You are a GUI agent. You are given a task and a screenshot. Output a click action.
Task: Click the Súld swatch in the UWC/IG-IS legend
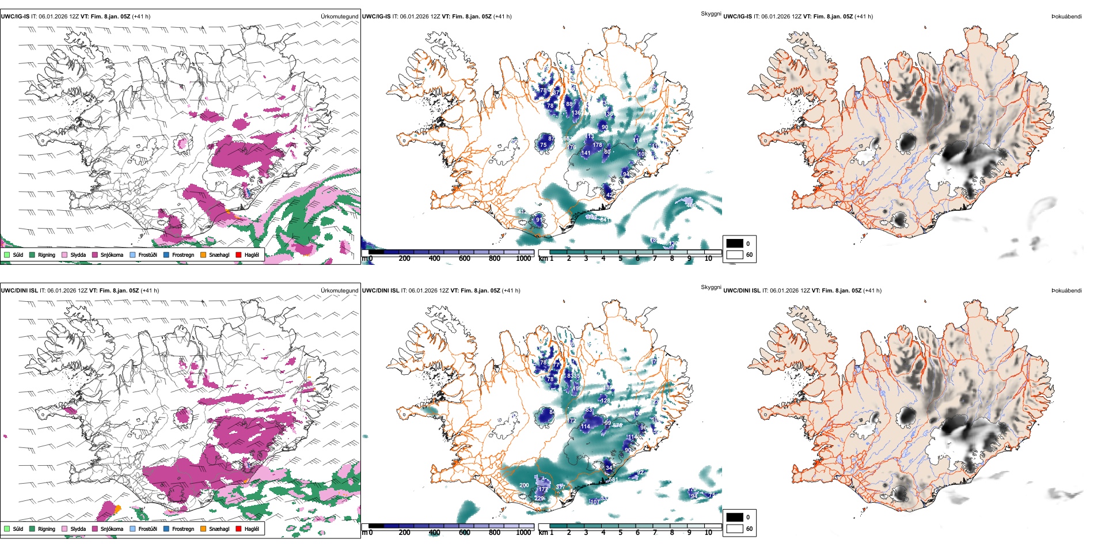pos(7,254)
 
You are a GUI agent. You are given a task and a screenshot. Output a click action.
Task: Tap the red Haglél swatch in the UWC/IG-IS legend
pos(238,254)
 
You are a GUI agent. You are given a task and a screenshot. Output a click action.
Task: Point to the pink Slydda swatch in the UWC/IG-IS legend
pos(64,254)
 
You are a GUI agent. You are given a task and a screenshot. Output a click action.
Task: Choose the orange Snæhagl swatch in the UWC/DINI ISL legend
pos(203,529)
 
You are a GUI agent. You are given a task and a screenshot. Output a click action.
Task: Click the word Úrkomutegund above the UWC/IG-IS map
pos(339,17)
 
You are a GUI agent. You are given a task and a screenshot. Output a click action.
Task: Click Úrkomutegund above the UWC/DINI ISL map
pos(339,291)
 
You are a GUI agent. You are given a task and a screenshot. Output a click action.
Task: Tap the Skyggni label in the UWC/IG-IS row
pos(711,13)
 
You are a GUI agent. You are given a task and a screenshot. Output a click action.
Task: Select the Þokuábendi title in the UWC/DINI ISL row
pos(1066,291)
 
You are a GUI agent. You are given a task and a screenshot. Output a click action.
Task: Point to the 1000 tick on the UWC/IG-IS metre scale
pos(523,259)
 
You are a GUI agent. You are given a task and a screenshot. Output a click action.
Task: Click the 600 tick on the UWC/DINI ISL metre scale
pos(465,533)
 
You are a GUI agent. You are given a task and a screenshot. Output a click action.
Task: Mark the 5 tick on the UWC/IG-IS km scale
pos(620,259)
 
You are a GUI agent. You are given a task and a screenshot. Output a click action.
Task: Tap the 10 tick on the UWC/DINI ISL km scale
pos(708,533)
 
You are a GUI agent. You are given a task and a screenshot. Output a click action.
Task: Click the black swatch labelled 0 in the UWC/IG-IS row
pos(735,244)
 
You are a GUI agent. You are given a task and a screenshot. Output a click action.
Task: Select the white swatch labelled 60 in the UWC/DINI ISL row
pos(735,529)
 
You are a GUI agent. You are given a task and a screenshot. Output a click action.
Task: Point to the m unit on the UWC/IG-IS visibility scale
pos(364,259)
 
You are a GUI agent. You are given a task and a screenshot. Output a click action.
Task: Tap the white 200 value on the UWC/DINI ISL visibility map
pos(524,485)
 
